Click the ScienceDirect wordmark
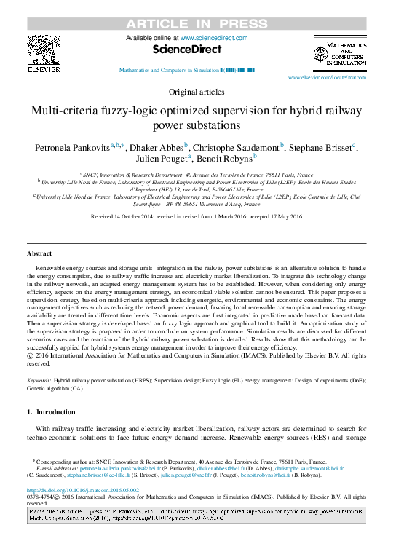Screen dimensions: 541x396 click(x=187, y=51)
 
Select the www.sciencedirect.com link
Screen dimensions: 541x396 click(x=214, y=38)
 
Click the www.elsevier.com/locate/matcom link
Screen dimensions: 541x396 click(x=327, y=76)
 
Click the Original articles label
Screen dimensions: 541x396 click(x=197, y=92)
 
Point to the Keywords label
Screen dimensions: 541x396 click(x=39, y=380)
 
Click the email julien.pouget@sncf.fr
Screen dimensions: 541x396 click(x=223, y=476)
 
